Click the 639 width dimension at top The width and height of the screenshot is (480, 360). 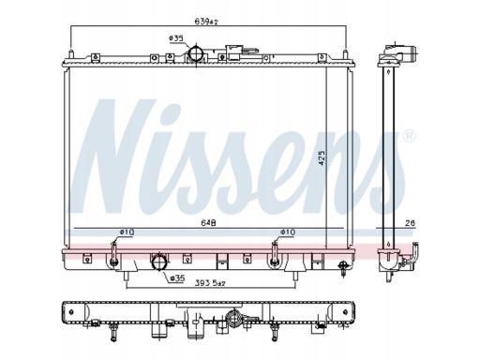coord(205,22)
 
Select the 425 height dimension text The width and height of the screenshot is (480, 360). coord(322,157)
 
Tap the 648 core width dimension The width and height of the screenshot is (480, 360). coord(208,223)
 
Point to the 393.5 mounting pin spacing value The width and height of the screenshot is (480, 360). coord(210,283)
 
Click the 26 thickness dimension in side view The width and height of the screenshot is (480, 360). coord(411,223)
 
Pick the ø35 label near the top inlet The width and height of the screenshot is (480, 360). coord(175,38)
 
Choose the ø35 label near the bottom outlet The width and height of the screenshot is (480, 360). coord(177,277)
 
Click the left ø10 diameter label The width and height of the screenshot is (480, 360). coord(127,232)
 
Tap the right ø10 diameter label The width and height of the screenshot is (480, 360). coord(288,232)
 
